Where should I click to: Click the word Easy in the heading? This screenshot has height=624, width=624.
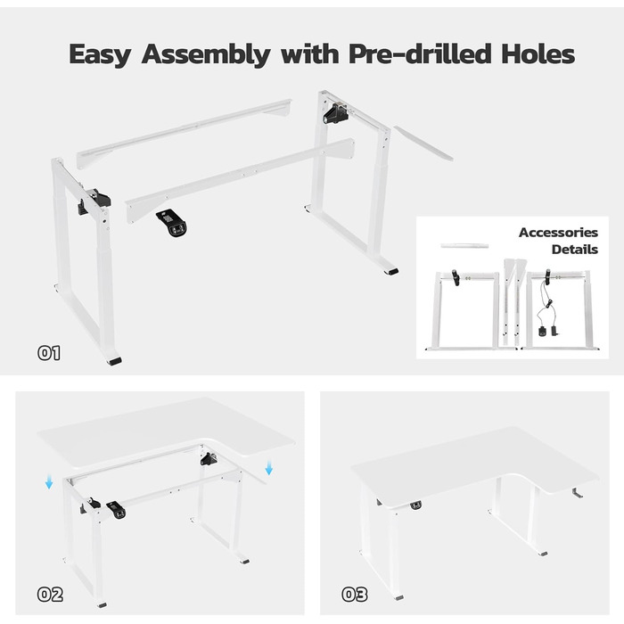click(100, 54)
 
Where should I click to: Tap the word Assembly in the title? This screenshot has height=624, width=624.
click(206, 54)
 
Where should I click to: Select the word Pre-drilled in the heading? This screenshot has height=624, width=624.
click(420, 53)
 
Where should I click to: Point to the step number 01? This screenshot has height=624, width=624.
click(49, 353)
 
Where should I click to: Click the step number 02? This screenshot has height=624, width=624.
click(50, 595)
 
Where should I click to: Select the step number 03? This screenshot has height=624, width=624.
click(355, 595)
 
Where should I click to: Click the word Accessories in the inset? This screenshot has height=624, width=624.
click(558, 233)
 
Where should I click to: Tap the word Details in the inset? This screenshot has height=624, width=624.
click(575, 250)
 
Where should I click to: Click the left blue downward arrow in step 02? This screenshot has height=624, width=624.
click(49, 482)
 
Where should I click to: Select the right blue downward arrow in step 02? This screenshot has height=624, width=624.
click(269, 468)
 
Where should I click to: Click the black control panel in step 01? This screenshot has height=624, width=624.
click(172, 223)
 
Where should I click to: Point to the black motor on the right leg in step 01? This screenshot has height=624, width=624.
click(335, 113)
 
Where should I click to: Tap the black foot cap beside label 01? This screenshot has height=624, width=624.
click(114, 361)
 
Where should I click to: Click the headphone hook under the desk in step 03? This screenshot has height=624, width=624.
click(577, 493)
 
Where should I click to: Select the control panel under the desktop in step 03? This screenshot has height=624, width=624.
click(416, 505)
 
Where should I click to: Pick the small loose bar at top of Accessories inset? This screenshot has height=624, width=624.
click(464, 245)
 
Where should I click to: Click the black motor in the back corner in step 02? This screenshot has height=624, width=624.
click(209, 459)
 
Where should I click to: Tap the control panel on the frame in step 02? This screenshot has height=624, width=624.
click(116, 510)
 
